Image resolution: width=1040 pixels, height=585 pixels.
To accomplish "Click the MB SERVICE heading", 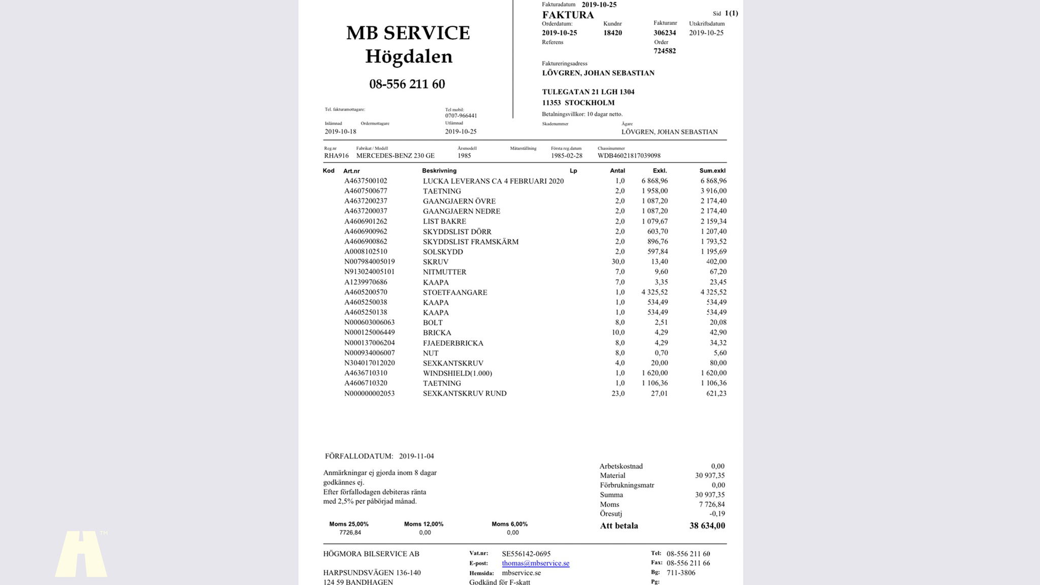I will (408, 33).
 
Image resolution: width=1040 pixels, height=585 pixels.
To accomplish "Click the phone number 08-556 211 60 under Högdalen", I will (407, 84).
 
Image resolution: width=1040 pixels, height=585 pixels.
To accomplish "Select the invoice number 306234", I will (664, 33).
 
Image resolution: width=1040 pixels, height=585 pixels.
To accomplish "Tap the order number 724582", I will (664, 51).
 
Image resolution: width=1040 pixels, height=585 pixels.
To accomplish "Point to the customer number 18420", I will (612, 33).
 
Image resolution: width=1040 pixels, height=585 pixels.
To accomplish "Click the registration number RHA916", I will (336, 156).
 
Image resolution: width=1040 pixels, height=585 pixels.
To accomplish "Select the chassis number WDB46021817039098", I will (629, 156).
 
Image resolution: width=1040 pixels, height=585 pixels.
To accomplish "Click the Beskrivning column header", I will (439, 171).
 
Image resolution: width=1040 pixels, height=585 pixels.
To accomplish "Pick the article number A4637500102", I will (366, 181).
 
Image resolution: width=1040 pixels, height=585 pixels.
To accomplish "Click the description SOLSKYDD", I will (443, 252).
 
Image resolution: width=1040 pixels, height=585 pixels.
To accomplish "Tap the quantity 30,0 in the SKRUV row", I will (617, 262).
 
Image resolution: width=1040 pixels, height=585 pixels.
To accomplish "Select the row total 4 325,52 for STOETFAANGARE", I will (713, 292).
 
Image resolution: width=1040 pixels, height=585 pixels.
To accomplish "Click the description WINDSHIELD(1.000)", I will (457, 373).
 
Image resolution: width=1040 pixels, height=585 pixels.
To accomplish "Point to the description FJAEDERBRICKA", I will (453, 343).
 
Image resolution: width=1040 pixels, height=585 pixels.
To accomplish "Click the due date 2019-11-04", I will (416, 456).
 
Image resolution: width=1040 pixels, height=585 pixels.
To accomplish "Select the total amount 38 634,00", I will (707, 526).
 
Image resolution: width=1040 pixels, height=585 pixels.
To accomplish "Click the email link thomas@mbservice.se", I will (535, 563).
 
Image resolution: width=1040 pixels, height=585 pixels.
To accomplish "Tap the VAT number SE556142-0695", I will (526, 554).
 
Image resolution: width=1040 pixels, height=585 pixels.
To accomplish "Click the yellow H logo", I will (81, 554).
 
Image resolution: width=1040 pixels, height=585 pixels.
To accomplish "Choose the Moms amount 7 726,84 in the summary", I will (711, 504).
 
